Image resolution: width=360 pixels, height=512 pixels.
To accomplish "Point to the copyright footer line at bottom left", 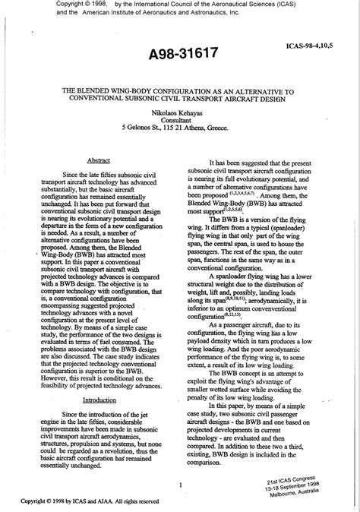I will pos(90,501).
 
